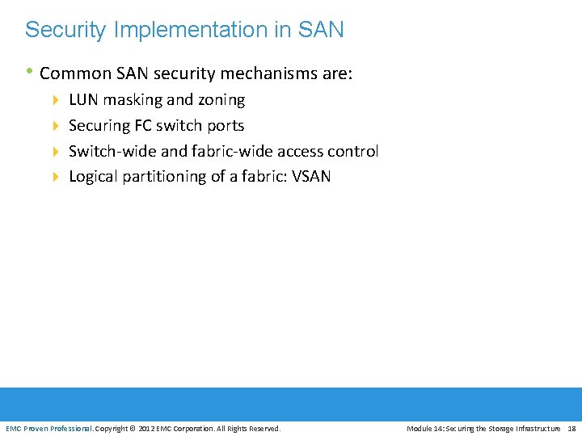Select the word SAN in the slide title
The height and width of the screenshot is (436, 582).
tap(320, 31)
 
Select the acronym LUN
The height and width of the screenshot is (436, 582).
tap(84, 100)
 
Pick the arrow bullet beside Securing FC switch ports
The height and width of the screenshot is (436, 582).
tap(56, 126)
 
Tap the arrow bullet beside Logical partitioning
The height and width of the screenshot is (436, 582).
tap(56, 177)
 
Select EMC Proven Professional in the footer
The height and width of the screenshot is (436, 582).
tap(49, 428)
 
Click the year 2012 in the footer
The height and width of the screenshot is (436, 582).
tap(148, 428)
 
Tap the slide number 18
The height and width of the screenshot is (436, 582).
tap(571, 428)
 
